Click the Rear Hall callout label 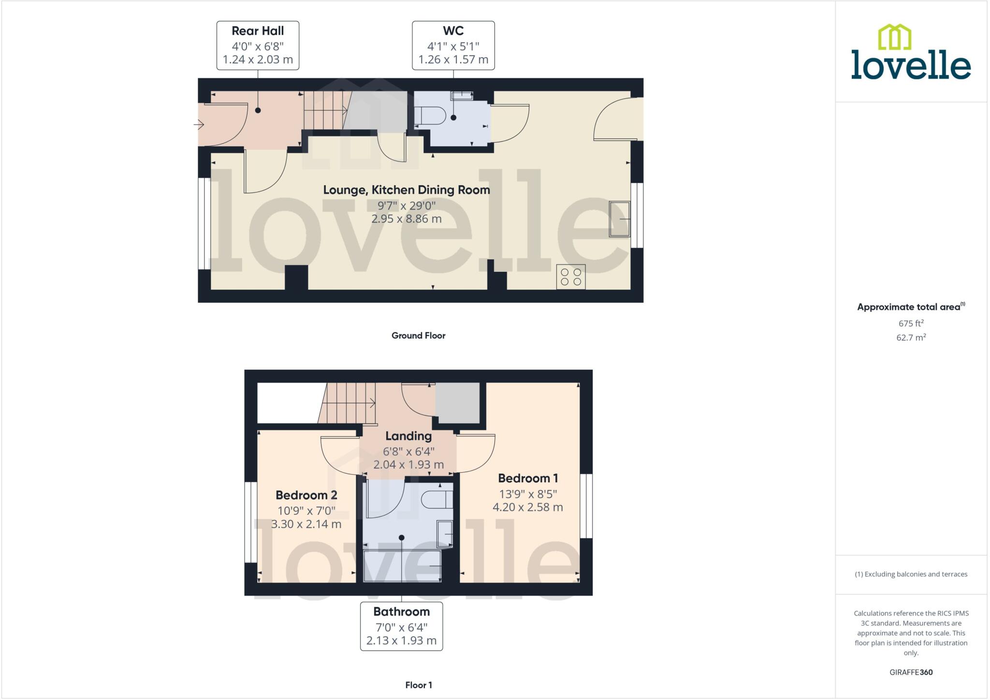point(258,45)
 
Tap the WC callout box point(453,45)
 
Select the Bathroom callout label point(401,626)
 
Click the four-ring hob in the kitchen point(570,277)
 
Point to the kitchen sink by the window point(620,219)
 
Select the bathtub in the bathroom point(402,566)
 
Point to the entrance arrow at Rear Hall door point(199,125)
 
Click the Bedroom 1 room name point(528,478)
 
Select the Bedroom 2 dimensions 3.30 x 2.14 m point(306,524)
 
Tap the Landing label point(408,436)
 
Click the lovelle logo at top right point(911,53)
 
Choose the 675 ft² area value point(911,323)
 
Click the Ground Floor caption point(418,335)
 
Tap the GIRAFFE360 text point(911,672)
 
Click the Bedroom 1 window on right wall point(586,506)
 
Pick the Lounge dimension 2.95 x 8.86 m point(406,219)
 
